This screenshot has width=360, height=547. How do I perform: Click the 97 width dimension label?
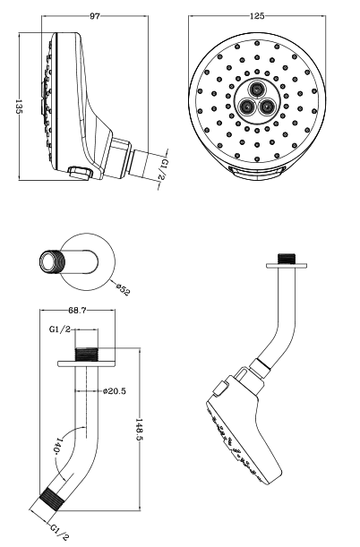click(95, 16)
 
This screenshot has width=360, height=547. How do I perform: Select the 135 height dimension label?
click(19, 107)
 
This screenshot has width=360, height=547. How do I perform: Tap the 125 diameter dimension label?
click(257, 16)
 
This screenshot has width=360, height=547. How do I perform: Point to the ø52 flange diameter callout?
click(123, 290)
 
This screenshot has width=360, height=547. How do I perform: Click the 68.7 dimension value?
click(77, 310)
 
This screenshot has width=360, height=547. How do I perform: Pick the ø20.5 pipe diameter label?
click(115, 391)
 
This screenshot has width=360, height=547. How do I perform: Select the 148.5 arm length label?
click(139, 430)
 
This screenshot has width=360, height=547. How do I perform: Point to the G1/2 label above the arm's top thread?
click(60, 329)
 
